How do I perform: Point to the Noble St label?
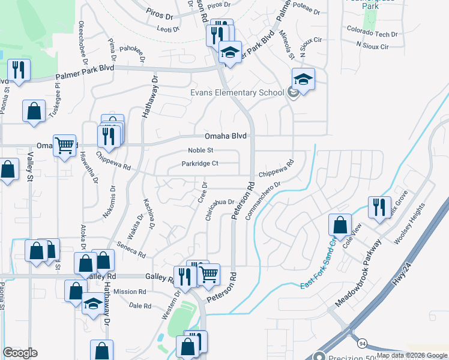click(201, 151)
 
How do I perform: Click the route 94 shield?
click(362, 343)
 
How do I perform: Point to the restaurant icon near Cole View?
click(379, 208)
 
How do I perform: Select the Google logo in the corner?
click(20, 353)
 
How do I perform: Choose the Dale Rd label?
click(140, 306)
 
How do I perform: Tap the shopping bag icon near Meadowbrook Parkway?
click(340, 226)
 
